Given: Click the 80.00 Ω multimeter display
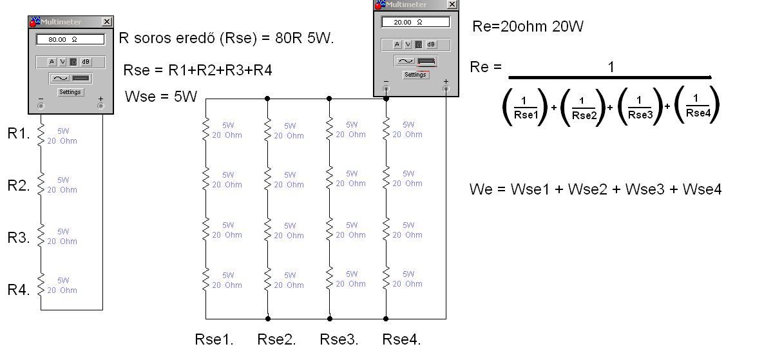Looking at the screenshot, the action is [70, 39].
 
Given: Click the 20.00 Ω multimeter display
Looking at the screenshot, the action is [415, 22].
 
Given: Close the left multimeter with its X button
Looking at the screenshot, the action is [107, 22].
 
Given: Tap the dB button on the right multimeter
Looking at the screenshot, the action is [431, 44].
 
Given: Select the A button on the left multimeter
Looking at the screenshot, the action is [52, 62].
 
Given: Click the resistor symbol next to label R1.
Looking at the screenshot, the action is [41, 135].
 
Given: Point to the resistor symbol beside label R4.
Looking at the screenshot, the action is [41, 284].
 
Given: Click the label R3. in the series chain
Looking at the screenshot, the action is [19, 238].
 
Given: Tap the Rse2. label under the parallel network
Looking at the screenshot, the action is [276, 339].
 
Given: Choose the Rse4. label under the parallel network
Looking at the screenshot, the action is [401, 339].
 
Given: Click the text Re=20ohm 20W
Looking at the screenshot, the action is [528, 26].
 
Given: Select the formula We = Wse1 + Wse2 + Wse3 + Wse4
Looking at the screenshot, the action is [595, 189].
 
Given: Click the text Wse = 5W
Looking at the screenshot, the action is [161, 97].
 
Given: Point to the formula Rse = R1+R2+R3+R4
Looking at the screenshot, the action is [198, 70].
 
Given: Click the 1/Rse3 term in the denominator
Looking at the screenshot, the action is [640, 108].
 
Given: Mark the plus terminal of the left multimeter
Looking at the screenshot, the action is [100, 106].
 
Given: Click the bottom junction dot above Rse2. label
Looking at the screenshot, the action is [268, 319].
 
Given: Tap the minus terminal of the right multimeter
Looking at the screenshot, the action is [386, 89].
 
